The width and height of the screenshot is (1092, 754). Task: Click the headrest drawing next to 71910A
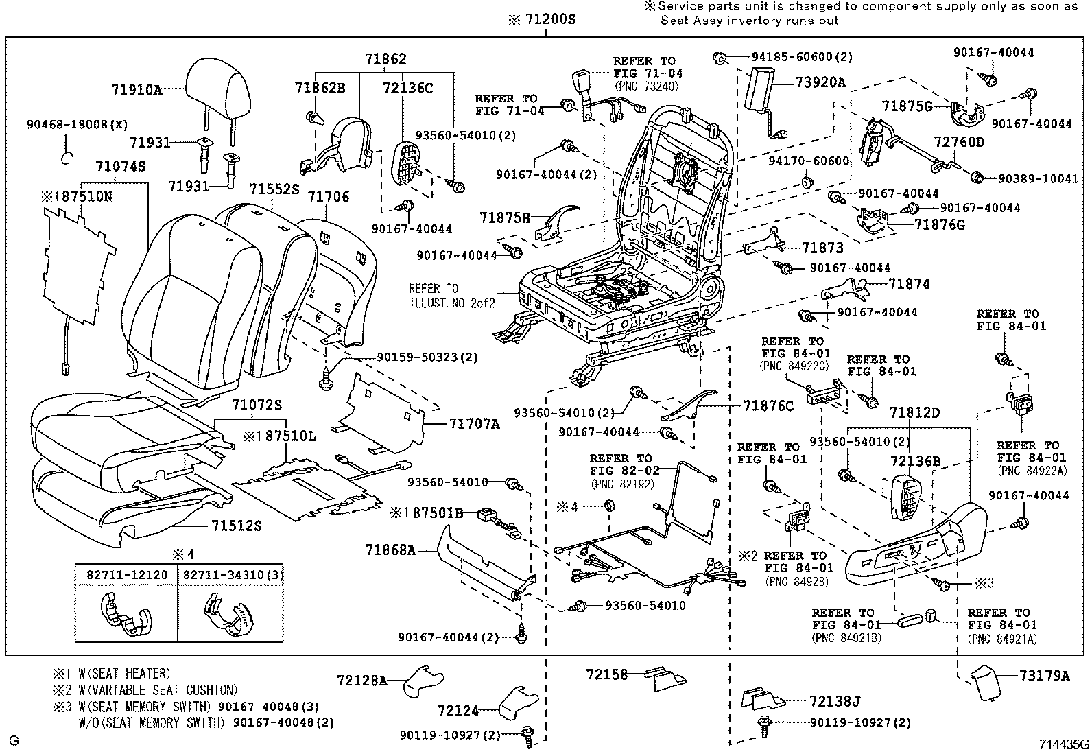219,89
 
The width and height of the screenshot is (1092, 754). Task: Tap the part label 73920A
820,82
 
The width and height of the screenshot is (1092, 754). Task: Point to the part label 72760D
959,143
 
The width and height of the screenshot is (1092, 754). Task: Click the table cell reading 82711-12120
127,574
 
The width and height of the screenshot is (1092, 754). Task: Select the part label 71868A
390,550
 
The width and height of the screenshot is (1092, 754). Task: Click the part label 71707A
475,425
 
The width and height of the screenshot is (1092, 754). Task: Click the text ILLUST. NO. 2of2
452,301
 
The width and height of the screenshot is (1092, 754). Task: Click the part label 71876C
768,405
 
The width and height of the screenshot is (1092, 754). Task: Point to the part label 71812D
915,413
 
